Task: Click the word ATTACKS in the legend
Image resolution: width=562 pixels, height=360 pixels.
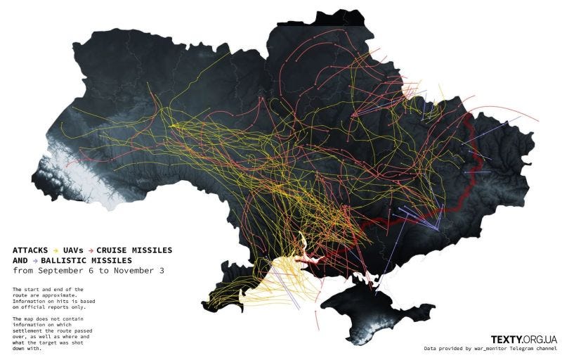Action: point(32,250)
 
